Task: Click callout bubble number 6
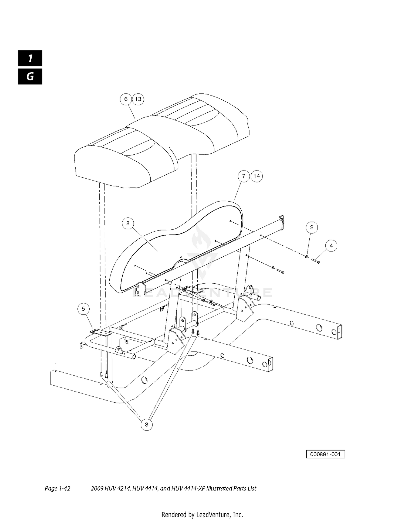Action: coord(126,99)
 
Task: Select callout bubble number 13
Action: coord(138,99)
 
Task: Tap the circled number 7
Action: coord(244,176)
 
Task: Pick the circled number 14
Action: coord(256,176)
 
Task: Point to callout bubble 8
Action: coord(128,223)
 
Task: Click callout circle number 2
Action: coord(312,227)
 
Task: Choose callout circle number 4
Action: coord(331,246)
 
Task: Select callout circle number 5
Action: coord(83,309)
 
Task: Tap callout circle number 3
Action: coord(147,424)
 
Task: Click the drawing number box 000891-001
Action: coord(325,454)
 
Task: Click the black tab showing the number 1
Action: coord(30,58)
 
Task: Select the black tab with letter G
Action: coord(30,77)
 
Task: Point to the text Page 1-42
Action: coord(58,488)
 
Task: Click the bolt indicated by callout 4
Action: coord(316,261)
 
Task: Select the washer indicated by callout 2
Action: coord(307,256)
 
